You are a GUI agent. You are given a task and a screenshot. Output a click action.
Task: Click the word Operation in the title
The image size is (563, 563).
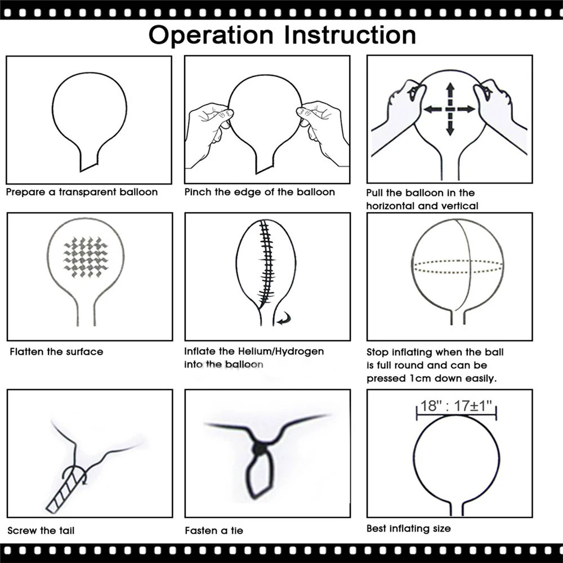click(211, 36)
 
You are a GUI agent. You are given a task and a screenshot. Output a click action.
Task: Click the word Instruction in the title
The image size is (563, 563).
click(350, 35)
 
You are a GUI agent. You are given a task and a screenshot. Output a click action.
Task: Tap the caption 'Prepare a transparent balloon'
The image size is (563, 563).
click(82, 193)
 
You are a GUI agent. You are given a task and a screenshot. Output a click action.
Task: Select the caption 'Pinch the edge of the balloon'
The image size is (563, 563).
click(260, 193)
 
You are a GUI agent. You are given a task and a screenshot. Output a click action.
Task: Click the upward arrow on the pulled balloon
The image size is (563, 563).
click(450, 95)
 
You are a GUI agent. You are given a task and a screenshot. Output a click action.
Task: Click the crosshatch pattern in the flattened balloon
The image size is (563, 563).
click(86, 257)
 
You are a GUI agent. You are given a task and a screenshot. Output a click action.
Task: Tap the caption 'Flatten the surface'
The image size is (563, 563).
click(56, 352)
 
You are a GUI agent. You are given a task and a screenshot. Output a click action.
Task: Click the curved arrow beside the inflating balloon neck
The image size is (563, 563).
click(284, 319)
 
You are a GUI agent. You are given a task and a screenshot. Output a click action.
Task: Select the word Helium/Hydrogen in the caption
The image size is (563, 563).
click(281, 351)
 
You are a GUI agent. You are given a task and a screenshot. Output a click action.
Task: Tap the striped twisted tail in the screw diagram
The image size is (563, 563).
click(65, 490)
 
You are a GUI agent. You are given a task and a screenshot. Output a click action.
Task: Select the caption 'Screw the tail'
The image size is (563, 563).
click(41, 531)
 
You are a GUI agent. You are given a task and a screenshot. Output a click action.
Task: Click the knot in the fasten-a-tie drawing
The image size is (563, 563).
click(258, 449)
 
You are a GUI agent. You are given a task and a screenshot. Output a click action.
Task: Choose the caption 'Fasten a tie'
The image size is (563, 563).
click(214, 531)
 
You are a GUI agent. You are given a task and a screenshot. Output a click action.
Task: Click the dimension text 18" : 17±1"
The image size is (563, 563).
click(456, 406)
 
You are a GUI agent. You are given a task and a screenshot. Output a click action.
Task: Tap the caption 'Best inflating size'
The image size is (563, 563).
click(409, 529)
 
